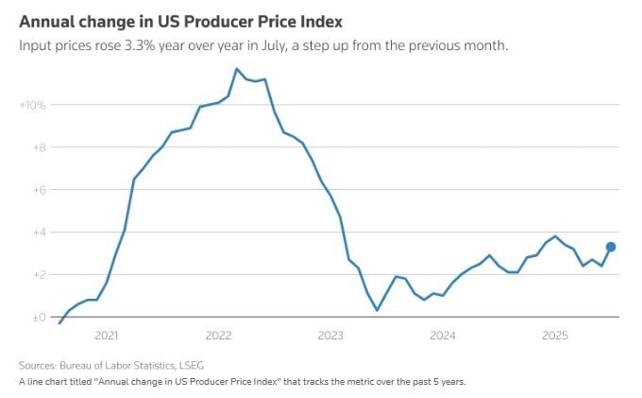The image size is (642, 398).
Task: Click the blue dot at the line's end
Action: point(611,247)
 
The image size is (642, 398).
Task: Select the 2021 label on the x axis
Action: point(107,336)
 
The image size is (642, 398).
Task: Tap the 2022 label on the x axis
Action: point(218,336)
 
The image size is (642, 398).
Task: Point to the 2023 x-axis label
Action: point(330,336)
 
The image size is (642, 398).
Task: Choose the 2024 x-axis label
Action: point(443,336)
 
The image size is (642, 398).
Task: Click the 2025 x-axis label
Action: point(555,336)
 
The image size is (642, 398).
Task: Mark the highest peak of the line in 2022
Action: point(237,69)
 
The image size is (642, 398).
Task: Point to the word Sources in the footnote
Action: point(38,365)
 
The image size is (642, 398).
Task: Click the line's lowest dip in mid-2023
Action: point(377,310)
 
